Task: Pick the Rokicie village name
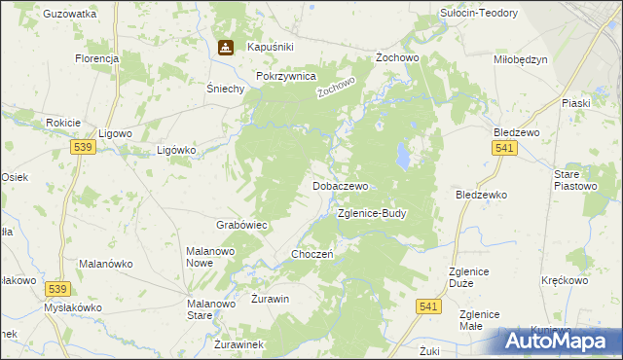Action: point(62,123)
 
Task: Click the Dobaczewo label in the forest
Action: point(340,185)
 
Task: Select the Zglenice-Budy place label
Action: point(371,212)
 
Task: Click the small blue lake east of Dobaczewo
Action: point(401,155)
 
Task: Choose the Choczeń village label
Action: point(313,254)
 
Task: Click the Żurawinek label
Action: point(238,344)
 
